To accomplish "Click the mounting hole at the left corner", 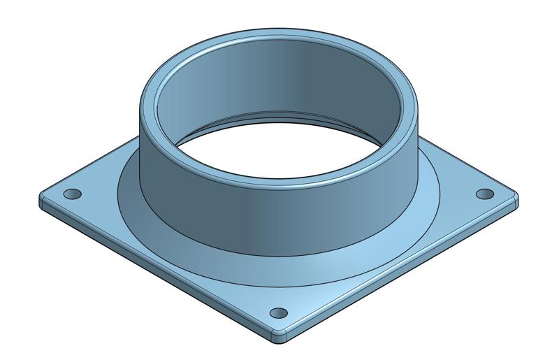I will pos(72,194).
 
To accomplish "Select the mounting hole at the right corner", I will pos(484,193).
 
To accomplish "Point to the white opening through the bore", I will pos(279,161).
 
